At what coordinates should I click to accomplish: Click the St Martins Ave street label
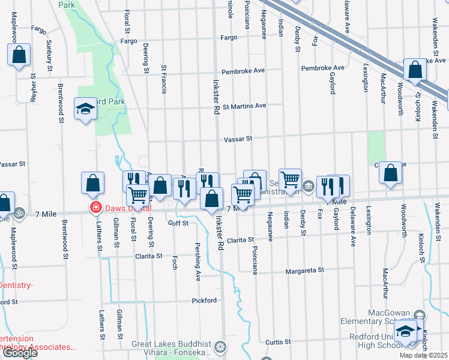pos(244,106)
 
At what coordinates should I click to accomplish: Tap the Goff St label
pos(178,223)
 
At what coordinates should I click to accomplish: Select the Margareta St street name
pos(304,271)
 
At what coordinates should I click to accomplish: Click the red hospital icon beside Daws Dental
pos(95,208)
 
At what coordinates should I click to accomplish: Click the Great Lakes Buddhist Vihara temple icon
pos(221,346)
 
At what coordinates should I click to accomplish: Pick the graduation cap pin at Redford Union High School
pos(406,331)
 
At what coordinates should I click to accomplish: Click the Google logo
pos(20,353)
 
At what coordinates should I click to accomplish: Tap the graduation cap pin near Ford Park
pos(85,110)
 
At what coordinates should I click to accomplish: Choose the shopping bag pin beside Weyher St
pos(19,55)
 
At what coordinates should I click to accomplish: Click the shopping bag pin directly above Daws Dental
pos(92,185)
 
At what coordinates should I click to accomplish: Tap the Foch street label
pos(175,263)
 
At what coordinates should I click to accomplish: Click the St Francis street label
pos(163,79)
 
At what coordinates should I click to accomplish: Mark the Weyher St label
pos(34,89)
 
